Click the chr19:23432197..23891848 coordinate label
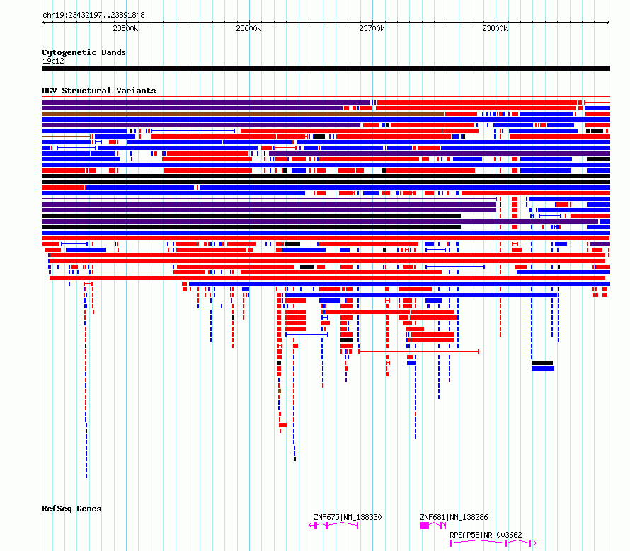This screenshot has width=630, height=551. coord(93,15)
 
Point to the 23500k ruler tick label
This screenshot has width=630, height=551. coord(125,28)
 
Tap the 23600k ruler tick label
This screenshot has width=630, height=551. coord(248,28)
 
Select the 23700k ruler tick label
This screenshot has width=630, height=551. coord(372,28)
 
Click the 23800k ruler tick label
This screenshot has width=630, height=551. coord(495,28)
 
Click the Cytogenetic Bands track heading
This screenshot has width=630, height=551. coord(84,52)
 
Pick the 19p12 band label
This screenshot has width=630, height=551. coord(53,61)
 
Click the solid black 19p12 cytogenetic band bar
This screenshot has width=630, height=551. coord(326,69)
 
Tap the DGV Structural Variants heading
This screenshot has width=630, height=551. coord(99,91)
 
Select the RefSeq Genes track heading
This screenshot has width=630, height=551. coord(71,509)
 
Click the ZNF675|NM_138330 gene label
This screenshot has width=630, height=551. coord(348,517)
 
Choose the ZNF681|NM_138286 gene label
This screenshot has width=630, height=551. coord(454,517)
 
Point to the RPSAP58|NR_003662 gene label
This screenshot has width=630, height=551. coord(486,535)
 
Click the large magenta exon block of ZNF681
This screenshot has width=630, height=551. coord(425,526)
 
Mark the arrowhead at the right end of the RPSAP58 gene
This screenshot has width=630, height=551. coord(534,543)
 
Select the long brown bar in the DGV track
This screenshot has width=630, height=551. coord(243,114)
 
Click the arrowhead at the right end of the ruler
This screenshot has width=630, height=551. coord(608,22)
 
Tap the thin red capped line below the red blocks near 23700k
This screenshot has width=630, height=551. coord(418,352)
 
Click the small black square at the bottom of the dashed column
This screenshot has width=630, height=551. coord(295,459)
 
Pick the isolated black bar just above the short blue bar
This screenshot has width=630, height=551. coord(542,363)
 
